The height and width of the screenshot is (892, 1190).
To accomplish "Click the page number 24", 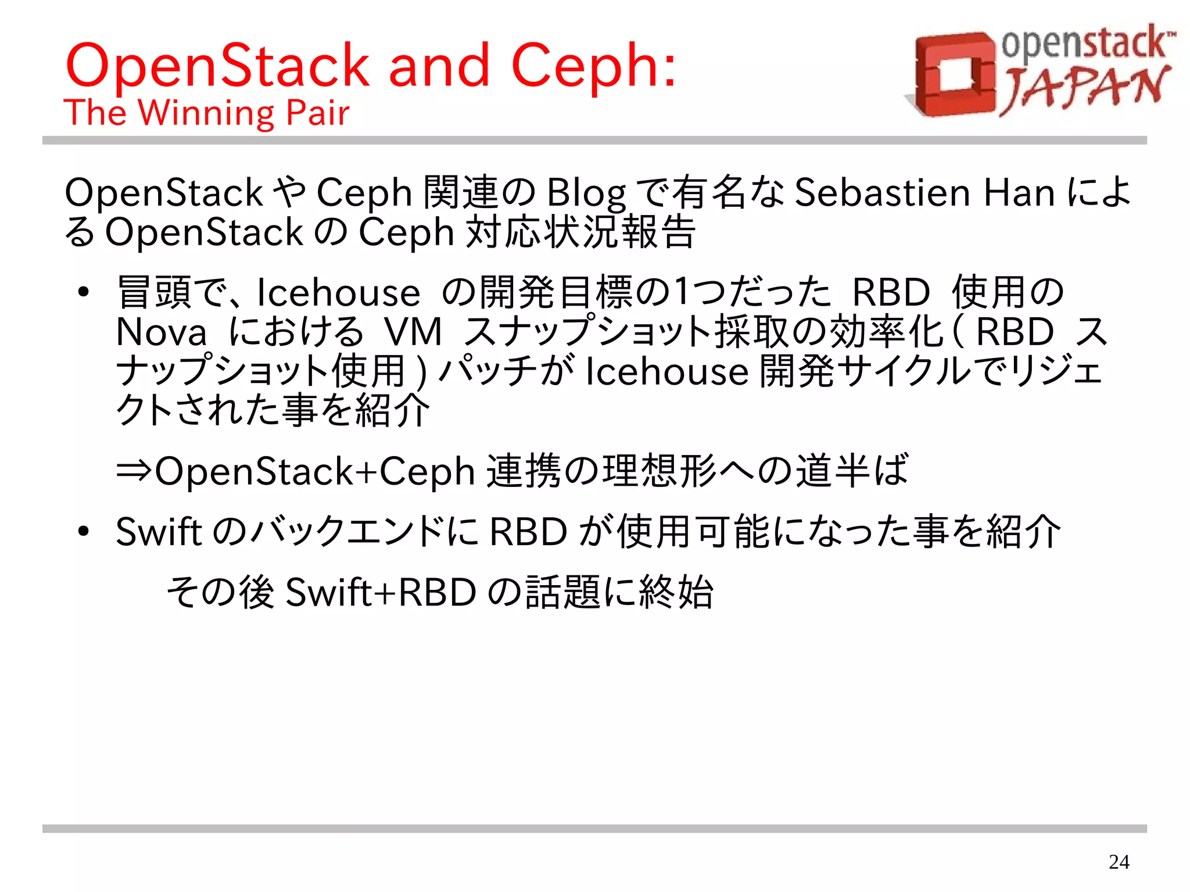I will point(1119,862).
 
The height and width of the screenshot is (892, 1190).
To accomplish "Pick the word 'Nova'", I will point(161,332).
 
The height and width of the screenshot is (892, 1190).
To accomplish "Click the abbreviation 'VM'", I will point(413,332).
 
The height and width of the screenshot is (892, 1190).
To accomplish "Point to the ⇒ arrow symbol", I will point(134,470).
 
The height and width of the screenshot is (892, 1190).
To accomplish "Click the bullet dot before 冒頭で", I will point(84,292).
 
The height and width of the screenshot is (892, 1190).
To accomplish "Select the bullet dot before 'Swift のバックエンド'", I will point(84,532).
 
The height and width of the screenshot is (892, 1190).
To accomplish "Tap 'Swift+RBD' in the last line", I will point(381,592).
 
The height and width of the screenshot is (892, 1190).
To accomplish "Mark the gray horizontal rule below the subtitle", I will point(594,141).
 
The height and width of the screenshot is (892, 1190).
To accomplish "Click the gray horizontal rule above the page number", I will point(594,829).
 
